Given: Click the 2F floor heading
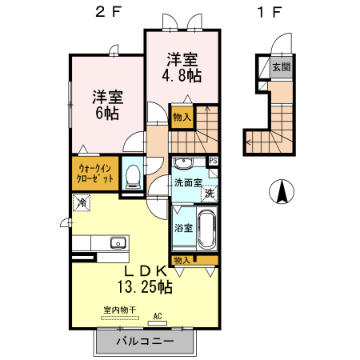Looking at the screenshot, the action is click(109, 12).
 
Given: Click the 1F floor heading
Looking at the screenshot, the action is click(270, 12).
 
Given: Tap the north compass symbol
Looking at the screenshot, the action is click(282, 191).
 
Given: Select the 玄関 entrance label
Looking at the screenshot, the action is click(282, 67).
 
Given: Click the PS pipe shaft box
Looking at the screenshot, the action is click(214, 161).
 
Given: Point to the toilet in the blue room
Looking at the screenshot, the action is click(133, 177).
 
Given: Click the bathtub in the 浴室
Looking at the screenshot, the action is click(206, 229).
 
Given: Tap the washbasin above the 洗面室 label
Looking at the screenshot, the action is click(183, 162).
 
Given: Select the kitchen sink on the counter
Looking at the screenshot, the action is click(118, 242).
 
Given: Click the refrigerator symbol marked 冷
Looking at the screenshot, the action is click(82, 203).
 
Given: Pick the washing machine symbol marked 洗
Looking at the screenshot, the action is click(210, 194).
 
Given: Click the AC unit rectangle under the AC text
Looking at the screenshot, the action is click(158, 323).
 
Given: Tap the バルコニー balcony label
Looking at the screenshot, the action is click(146, 341).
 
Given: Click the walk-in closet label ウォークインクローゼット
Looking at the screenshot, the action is click(95, 174).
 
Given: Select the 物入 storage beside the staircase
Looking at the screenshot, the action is click(182, 118).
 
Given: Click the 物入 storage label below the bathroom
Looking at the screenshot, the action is click(182, 260).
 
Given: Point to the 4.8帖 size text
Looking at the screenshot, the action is click(182, 76).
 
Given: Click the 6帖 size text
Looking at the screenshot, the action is click(107, 113).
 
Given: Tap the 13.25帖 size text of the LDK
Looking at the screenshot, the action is click(145, 287).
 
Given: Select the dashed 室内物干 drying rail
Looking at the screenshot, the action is click(120, 318).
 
